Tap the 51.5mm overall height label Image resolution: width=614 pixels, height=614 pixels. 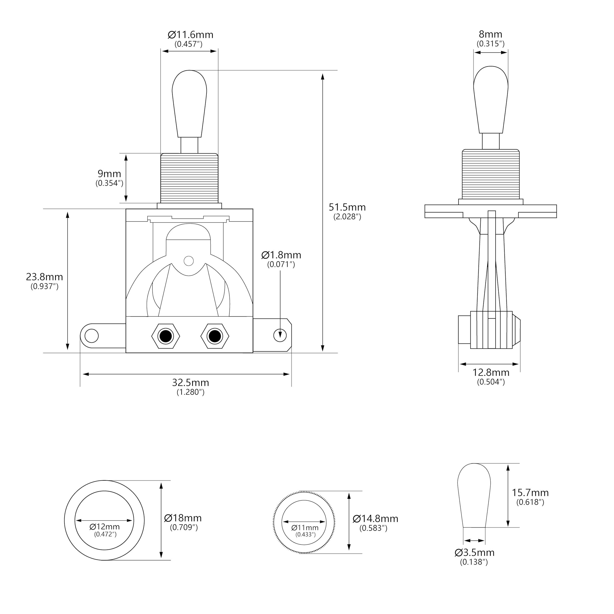coord(347,207)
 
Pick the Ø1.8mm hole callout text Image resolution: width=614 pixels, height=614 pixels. coord(281,255)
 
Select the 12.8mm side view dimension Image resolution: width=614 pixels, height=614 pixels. coord(490,372)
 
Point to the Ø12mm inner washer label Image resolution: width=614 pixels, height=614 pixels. coord(105,527)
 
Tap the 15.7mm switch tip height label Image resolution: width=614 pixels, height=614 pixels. coord(530,493)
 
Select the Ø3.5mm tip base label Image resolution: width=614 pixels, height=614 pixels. coord(474,552)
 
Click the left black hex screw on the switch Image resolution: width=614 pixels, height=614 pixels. coord(165,336)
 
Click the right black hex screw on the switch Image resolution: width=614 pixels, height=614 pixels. coord(215,336)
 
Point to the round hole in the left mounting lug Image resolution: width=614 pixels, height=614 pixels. coord(92,336)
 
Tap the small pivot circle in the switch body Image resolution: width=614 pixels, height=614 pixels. coord(189,261)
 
